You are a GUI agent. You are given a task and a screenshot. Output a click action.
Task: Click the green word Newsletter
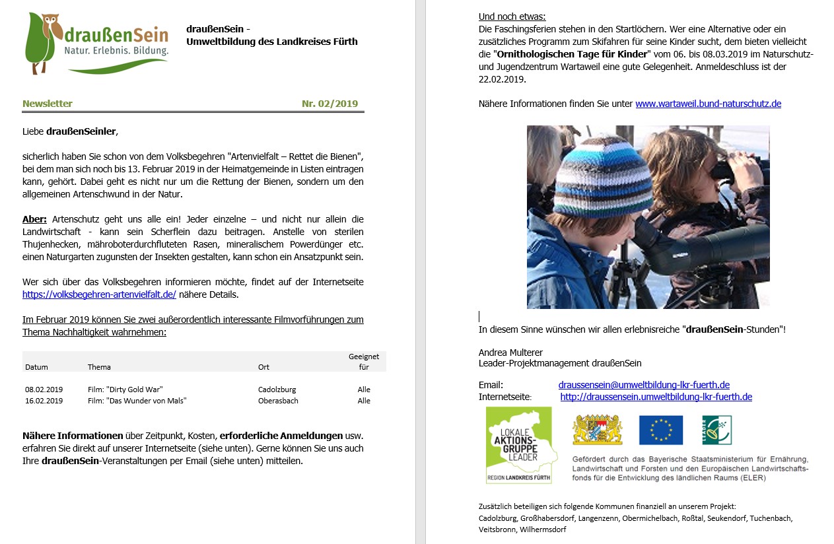pyautogui.click(x=48, y=104)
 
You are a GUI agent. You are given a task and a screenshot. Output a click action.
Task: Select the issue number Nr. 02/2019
pyautogui.click(x=330, y=104)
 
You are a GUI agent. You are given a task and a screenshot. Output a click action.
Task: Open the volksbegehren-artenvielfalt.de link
pyautogui.click(x=99, y=294)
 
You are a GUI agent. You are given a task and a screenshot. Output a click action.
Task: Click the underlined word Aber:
pyautogui.click(x=34, y=219)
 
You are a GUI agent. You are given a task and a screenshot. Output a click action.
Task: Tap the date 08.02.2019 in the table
pyautogui.click(x=44, y=390)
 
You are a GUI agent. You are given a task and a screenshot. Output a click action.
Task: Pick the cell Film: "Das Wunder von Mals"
pyautogui.click(x=137, y=401)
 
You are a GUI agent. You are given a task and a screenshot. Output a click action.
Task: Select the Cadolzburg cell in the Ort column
pyautogui.click(x=277, y=390)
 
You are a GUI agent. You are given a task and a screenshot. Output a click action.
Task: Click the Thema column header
pyautogui.click(x=99, y=367)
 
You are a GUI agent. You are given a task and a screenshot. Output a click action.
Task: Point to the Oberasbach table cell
pyautogui.click(x=278, y=401)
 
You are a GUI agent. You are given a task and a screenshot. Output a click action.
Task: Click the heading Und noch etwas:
pyautogui.click(x=512, y=17)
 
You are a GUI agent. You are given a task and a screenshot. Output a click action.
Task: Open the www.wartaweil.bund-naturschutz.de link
pyautogui.click(x=708, y=104)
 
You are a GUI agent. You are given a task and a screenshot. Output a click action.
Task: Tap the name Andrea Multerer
pyautogui.click(x=510, y=353)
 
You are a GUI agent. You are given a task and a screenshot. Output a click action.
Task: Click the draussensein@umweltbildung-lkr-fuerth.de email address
pyautogui.click(x=644, y=385)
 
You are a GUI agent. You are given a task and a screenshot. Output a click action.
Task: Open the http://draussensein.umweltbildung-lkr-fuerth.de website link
pyautogui.click(x=656, y=397)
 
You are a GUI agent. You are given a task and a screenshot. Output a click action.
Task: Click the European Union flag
pyautogui.click(x=660, y=430)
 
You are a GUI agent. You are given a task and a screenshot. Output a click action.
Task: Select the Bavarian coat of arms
pyautogui.click(x=597, y=430)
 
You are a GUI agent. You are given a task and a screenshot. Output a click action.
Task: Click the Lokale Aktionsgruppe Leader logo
pyautogui.click(x=520, y=444)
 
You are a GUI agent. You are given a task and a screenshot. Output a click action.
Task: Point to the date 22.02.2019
pyautogui.click(x=502, y=79)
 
